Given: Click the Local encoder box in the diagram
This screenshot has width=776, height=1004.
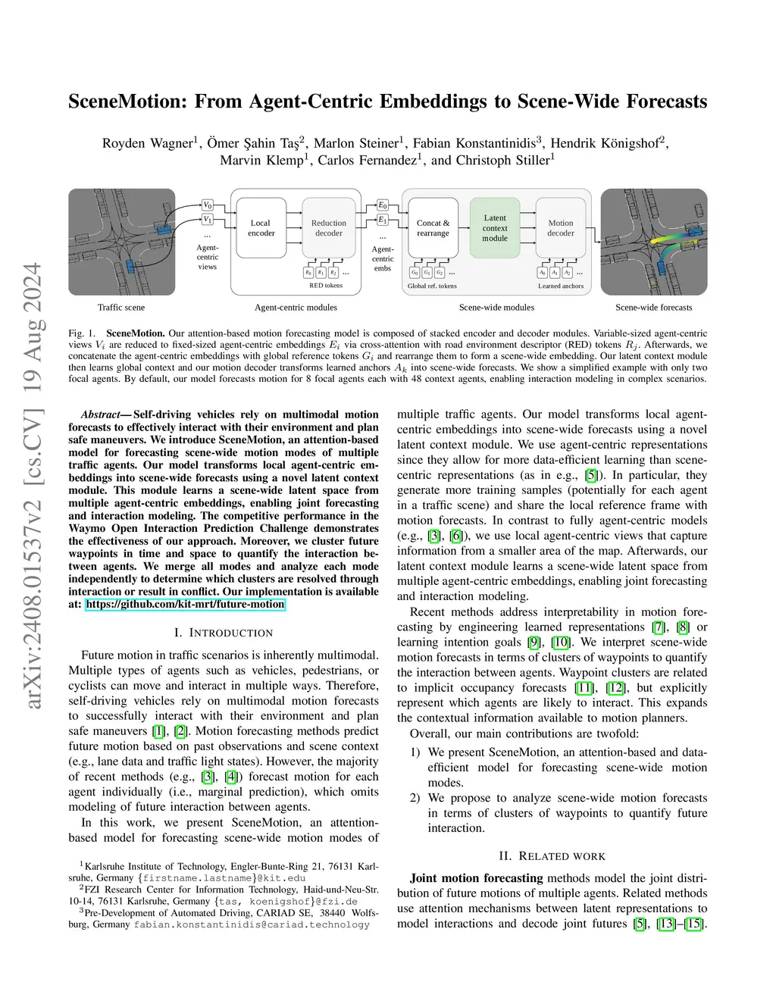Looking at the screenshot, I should pyautogui.click(x=261, y=228).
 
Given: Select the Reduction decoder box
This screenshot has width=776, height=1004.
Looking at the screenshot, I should pyautogui.click(x=328, y=228).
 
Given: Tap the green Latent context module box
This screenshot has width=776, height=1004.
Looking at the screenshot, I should pyautogui.click(x=495, y=227).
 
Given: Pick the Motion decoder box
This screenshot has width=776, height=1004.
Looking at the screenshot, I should pyautogui.click(x=561, y=228).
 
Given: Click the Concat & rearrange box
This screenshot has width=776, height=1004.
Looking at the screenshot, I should pyautogui.click(x=433, y=228).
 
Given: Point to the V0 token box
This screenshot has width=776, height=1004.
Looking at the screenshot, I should pyautogui.click(x=208, y=205).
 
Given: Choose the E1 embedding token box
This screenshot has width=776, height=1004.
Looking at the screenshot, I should pyautogui.click(x=383, y=220).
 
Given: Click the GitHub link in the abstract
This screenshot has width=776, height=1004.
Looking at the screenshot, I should pyautogui.click(x=185, y=605).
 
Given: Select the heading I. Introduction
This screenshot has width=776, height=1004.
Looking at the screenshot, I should pyautogui.click(x=223, y=633).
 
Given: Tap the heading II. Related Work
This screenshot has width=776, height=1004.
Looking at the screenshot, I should pyautogui.click(x=552, y=856).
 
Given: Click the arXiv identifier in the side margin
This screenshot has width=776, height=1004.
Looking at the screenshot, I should pyautogui.click(x=33, y=485).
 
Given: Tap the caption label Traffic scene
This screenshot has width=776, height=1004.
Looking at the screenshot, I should pyautogui.click(x=121, y=308).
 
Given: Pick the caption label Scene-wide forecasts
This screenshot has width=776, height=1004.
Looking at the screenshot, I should pyautogui.click(x=653, y=308).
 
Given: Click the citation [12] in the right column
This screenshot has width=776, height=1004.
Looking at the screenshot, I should pyautogui.click(x=616, y=688).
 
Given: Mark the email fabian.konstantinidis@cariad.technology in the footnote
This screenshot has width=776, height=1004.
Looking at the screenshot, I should pyautogui.click(x=252, y=924).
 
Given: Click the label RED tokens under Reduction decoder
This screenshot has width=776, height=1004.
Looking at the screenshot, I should pyautogui.click(x=326, y=286).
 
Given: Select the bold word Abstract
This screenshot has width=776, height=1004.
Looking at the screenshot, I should pyautogui.click(x=101, y=414).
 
